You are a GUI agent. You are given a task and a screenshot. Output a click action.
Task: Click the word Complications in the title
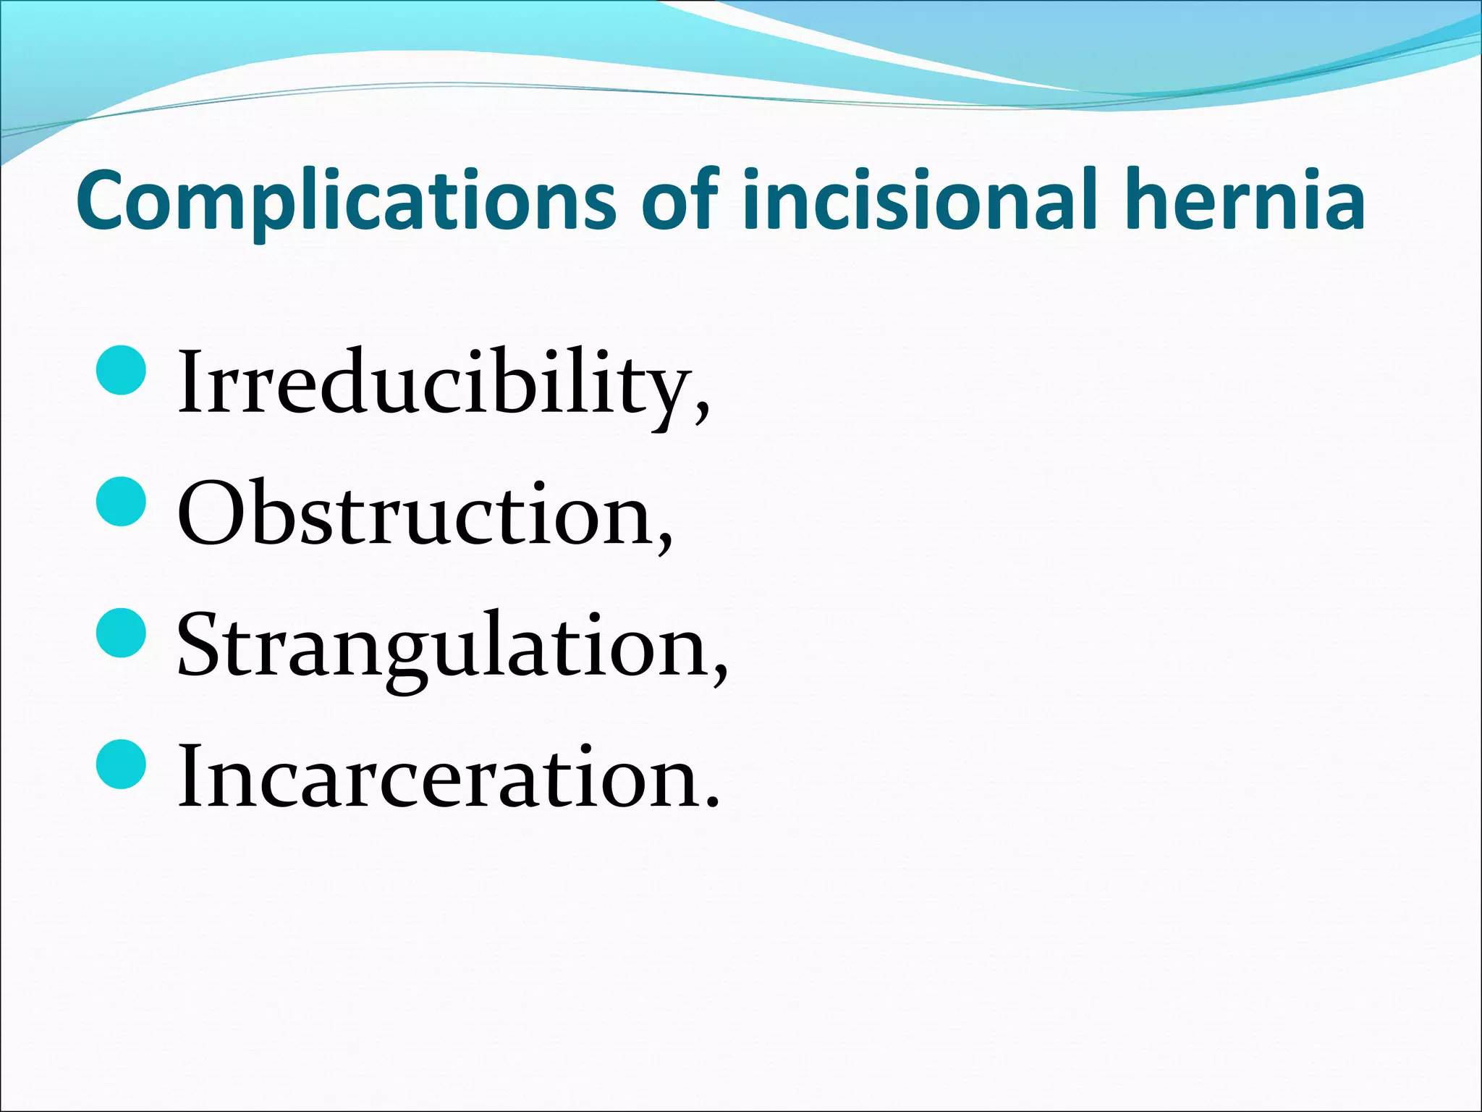coord(346,201)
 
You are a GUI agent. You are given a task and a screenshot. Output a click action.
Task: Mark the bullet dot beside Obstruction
coord(122,500)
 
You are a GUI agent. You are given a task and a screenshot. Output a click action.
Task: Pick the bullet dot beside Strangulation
coord(122,632)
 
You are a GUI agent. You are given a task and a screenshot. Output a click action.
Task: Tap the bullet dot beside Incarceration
coord(122,764)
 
